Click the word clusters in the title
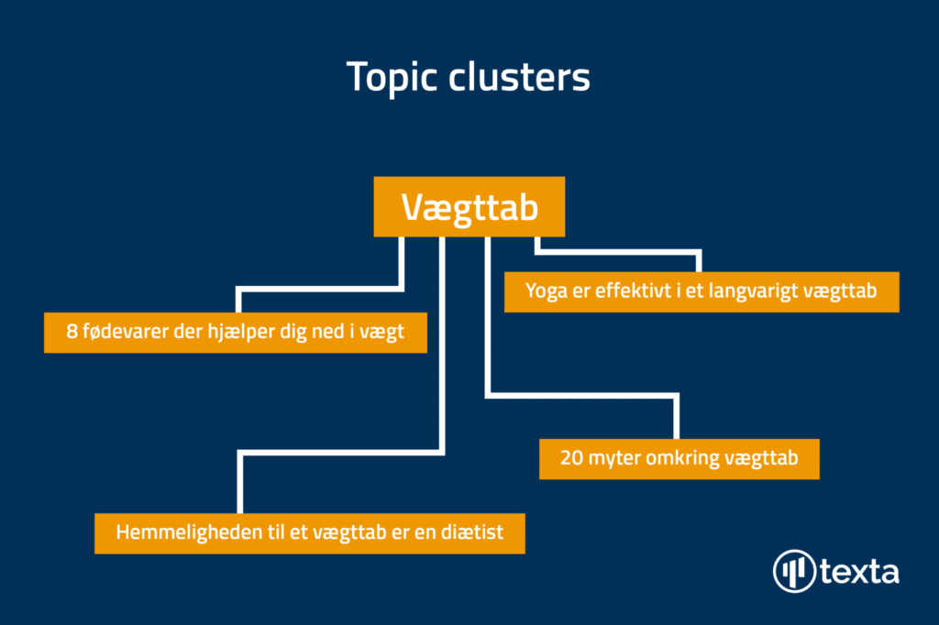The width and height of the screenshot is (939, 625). click(x=519, y=78)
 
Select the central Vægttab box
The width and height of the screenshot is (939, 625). click(x=469, y=206)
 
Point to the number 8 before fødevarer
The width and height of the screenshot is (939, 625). click(x=72, y=332)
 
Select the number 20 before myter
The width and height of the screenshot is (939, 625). click(x=572, y=458)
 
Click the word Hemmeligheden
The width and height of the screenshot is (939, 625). click(x=189, y=532)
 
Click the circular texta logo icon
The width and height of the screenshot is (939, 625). click(x=794, y=571)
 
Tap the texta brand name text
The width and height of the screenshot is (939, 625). click(x=859, y=572)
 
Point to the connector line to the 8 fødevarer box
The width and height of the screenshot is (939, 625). click(x=320, y=290)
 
